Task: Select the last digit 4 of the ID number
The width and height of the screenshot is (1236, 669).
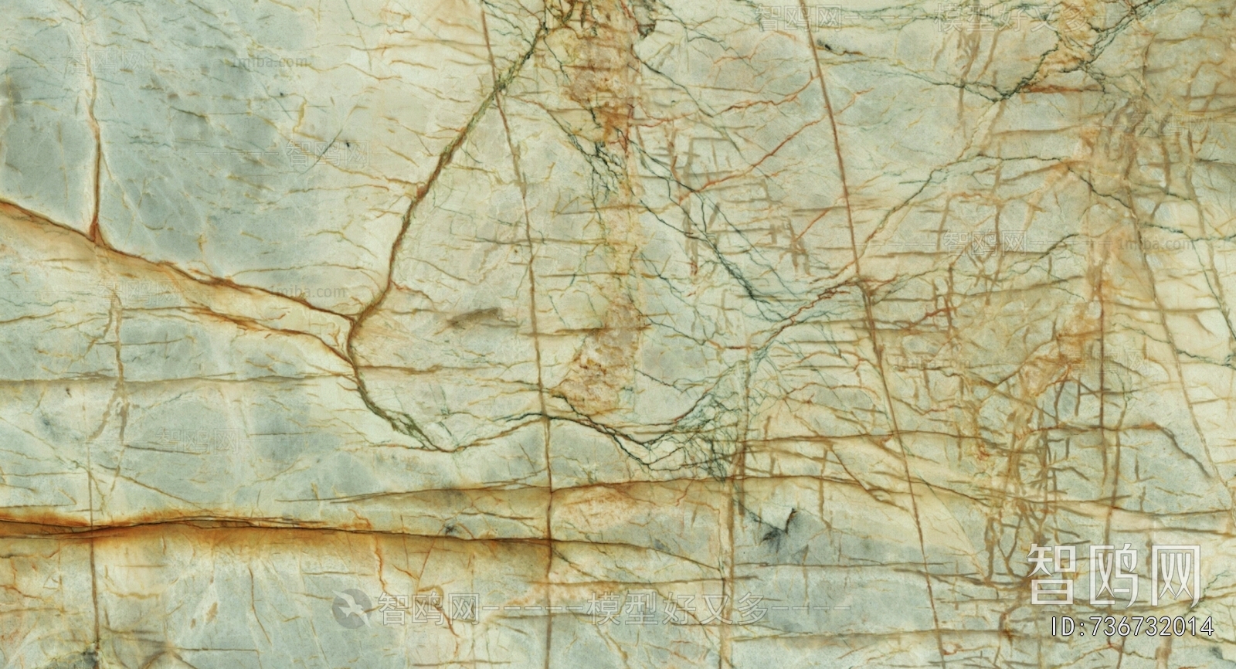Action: pyautogui.click(x=1206, y=625)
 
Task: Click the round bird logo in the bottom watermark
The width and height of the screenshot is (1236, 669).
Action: pyautogui.click(x=351, y=606)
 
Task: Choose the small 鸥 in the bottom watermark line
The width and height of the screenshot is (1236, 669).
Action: pyautogui.click(x=427, y=607)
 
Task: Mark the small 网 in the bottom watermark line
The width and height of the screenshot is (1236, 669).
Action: pyautogui.click(x=461, y=607)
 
